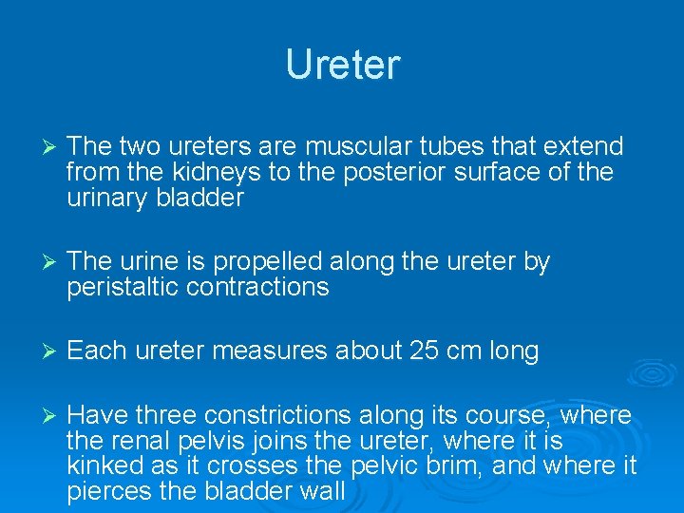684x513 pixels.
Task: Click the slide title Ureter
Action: [343, 65]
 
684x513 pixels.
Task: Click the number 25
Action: [424, 351]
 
